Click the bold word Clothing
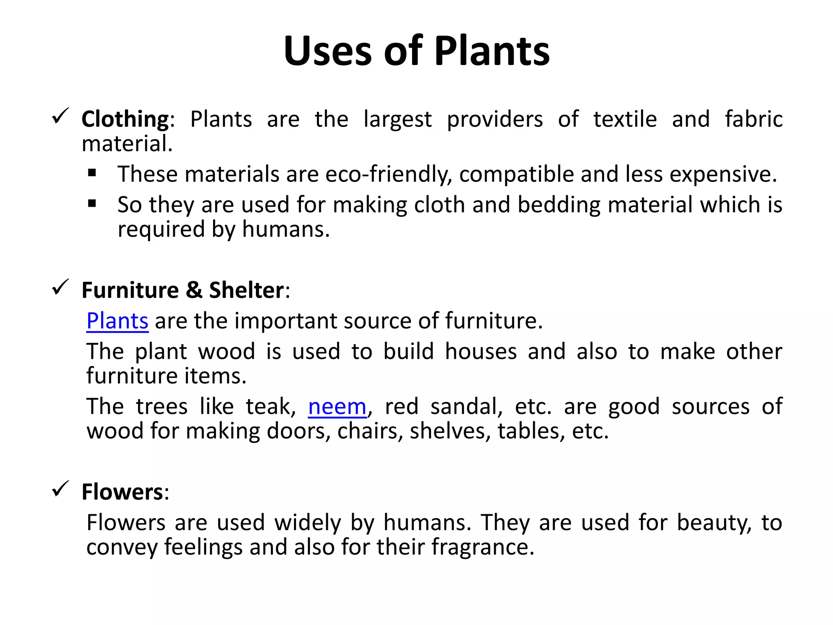[125, 119]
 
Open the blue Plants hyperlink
[117, 321]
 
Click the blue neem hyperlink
[337, 406]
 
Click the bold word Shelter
[246, 290]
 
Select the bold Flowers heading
[122, 492]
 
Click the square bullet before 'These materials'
[92, 173]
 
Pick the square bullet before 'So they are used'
[92, 203]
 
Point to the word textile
[625, 119]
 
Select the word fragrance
[482, 547]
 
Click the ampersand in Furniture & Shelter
[194, 290]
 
